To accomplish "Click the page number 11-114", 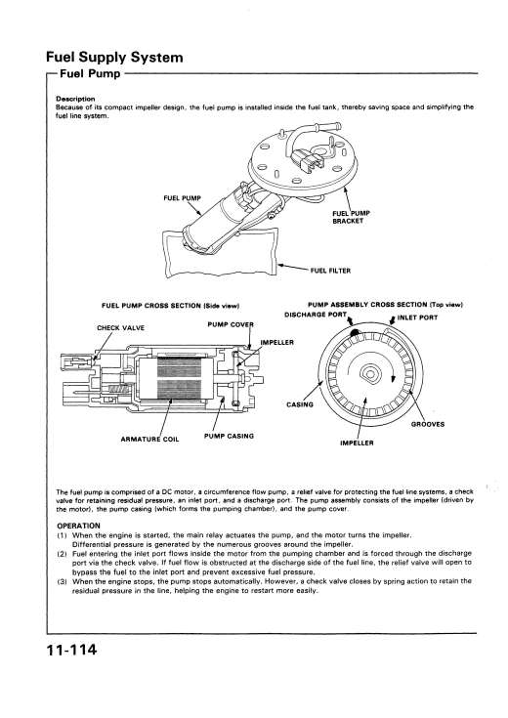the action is pyautogui.click(x=71, y=650).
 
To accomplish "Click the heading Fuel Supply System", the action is pyautogui.click(x=114, y=58).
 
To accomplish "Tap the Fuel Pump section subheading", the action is pyautogui.click(x=90, y=73).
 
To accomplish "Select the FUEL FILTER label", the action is pyautogui.click(x=330, y=271).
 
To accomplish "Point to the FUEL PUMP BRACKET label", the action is pyautogui.click(x=351, y=217).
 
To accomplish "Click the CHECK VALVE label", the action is pyautogui.click(x=120, y=328).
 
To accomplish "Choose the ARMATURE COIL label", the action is pyautogui.click(x=149, y=440).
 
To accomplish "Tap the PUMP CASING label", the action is pyautogui.click(x=229, y=436).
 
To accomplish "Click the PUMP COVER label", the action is pyautogui.click(x=231, y=324).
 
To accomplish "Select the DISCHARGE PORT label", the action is pyautogui.click(x=316, y=315).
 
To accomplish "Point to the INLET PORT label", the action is pyautogui.click(x=417, y=317).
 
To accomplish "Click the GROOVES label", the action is pyautogui.click(x=428, y=424).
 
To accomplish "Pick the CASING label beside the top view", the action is pyautogui.click(x=300, y=404).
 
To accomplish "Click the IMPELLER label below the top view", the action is pyautogui.click(x=357, y=443).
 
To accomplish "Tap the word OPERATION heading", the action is pyautogui.click(x=78, y=526).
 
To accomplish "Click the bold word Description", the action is pyautogui.click(x=75, y=99).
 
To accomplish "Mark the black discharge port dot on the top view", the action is pyautogui.click(x=355, y=333).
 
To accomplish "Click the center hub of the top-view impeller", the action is pyautogui.click(x=369, y=373).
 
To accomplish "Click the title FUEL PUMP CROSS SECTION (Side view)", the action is pyautogui.click(x=170, y=306).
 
